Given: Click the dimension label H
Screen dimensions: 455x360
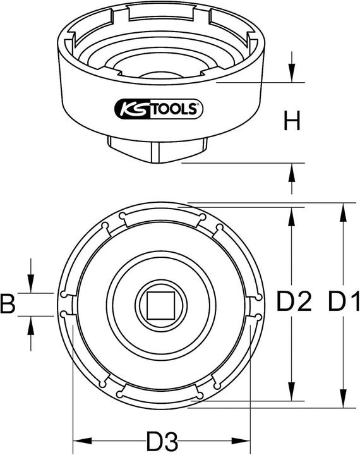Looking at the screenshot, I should coord(291,121).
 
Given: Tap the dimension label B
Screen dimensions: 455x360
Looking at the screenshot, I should coord(8,305).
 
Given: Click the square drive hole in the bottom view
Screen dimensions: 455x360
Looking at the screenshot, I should coord(159,305).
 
